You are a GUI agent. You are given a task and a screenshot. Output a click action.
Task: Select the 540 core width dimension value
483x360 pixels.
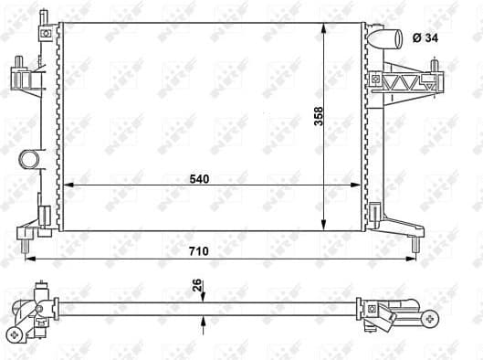(200, 179)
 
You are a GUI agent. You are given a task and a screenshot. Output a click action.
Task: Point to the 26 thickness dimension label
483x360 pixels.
(194, 286)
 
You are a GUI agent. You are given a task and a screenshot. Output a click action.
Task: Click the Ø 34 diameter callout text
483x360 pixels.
(425, 37)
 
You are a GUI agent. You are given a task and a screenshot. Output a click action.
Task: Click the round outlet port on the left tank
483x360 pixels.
(29, 161)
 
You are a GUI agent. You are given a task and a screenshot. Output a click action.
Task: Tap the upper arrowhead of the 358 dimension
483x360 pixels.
(326, 26)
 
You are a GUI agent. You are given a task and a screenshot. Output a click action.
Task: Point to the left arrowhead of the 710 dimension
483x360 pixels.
(27, 258)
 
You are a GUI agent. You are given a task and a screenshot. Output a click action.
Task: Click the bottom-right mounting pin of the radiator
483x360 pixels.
(415, 245)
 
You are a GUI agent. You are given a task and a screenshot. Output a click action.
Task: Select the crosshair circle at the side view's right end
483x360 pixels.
(430, 320)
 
